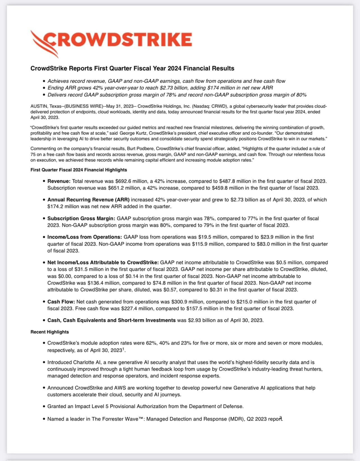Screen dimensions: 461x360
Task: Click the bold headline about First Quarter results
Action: point(132,68)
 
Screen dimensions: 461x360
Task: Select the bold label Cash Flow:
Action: point(62,301)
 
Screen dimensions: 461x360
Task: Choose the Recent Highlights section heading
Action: point(50,332)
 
